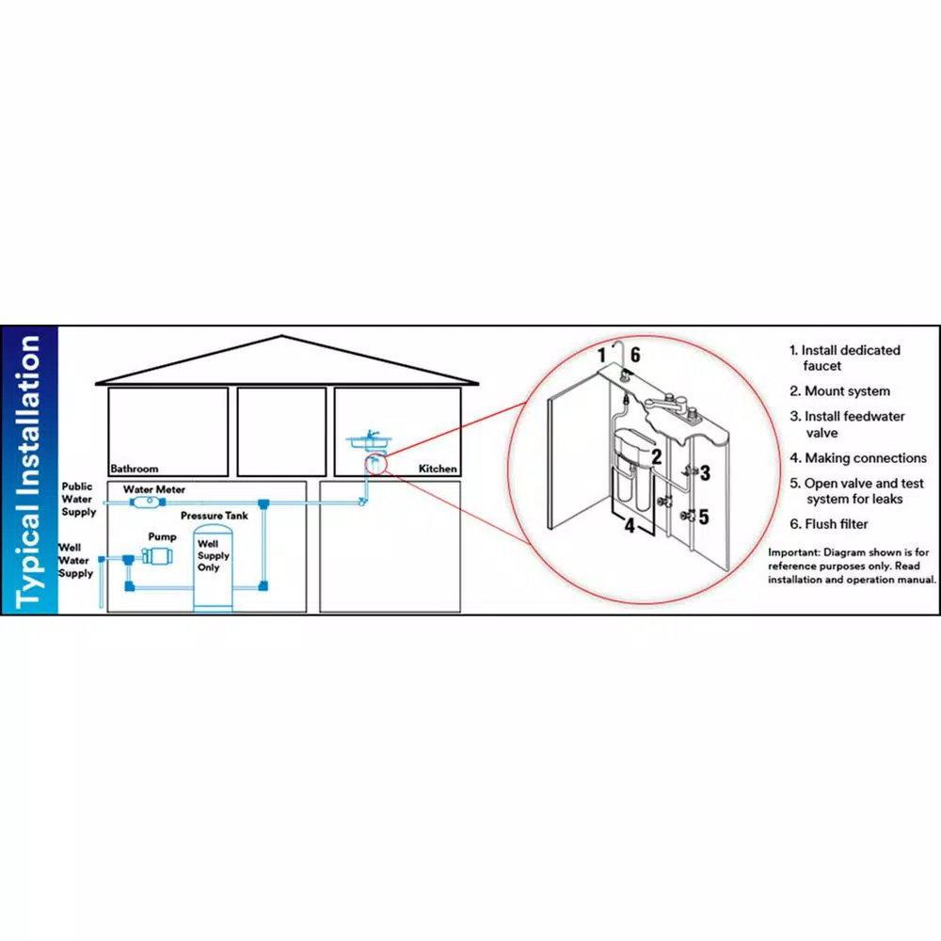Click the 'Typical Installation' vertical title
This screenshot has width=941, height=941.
[30, 470]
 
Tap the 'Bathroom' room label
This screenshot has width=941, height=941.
[134, 468]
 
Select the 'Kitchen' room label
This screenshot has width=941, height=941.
[438, 468]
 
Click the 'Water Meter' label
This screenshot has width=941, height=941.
[154, 489]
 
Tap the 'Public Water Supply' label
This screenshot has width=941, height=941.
[78, 499]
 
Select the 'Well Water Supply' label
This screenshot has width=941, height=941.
[75, 560]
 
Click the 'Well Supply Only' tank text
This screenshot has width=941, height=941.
[208, 556]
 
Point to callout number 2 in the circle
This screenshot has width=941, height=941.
[656, 457]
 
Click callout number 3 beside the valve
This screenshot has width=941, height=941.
[705, 473]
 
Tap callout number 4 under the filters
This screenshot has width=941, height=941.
[630, 526]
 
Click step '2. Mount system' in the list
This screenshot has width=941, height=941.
[839, 391]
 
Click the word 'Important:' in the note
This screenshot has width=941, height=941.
[797, 551]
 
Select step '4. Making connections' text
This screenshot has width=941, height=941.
[857, 458]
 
